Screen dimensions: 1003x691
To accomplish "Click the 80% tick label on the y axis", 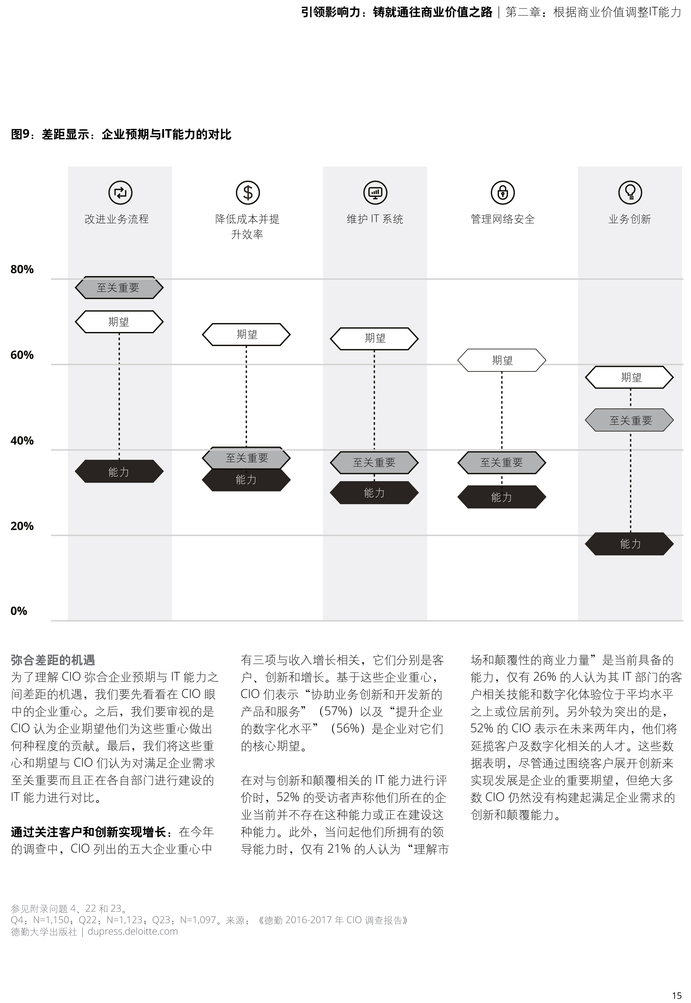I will [x=22, y=270].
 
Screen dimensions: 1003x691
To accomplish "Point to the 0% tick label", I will [x=19, y=611].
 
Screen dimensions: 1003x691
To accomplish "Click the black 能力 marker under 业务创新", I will [x=630, y=544].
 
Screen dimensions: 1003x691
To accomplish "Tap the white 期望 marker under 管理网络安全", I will [x=502, y=360].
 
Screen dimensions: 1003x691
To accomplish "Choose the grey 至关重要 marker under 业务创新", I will [x=630, y=420].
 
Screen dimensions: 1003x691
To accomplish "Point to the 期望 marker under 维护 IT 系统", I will [x=375, y=338].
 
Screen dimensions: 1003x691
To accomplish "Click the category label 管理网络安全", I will [x=502, y=219].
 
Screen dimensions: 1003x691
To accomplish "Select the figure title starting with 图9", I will [x=121, y=135].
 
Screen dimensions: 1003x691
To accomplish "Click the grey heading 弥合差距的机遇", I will [x=53, y=660].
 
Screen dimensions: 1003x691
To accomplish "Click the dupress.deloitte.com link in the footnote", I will [x=133, y=931].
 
